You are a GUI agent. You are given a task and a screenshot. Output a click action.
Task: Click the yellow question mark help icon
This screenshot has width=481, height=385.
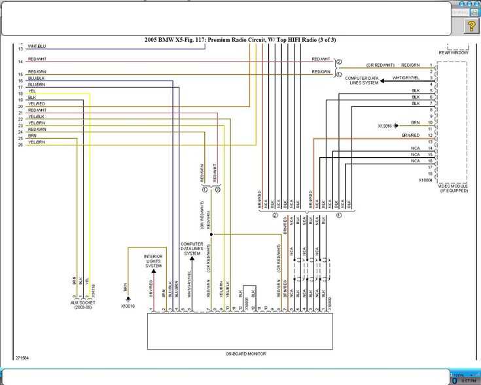471,26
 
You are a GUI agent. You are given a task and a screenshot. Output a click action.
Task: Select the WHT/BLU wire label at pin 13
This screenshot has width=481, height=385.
37,46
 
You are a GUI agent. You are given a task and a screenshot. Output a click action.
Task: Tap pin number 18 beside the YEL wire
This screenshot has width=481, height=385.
20,94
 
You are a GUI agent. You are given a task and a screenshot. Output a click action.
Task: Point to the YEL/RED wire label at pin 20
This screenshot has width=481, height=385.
37,104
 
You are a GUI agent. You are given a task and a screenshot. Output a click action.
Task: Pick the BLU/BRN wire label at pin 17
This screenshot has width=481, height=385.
37,85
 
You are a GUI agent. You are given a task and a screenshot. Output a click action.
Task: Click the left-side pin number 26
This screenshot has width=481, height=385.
20,145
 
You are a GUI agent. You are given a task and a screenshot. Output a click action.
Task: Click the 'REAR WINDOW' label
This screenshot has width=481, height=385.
452,52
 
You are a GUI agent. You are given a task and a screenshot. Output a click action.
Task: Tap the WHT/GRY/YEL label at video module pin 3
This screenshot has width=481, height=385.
406,78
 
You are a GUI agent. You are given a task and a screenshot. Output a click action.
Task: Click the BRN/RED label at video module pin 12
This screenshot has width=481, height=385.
411,135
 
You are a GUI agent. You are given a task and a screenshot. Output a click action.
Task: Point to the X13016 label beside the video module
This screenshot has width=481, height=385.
385,125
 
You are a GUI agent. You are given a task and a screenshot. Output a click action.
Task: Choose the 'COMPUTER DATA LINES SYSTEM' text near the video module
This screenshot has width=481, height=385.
364,81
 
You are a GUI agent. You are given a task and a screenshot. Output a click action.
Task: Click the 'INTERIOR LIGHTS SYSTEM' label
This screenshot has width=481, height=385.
153,261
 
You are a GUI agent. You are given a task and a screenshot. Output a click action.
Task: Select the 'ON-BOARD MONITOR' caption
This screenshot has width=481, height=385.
245,354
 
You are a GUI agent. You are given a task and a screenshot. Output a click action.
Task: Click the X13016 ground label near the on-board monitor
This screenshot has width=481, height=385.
128,306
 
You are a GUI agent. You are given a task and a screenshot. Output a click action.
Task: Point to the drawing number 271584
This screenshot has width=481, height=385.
23,358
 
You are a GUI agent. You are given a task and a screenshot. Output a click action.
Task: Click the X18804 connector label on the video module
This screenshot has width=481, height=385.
427,179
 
